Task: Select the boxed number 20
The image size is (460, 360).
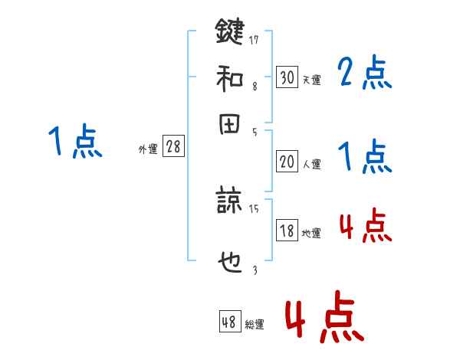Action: pos(287,162)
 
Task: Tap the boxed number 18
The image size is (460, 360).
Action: pos(287,231)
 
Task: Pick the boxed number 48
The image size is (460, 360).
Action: pos(229,322)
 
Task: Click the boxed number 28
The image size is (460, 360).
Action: pos(173,147)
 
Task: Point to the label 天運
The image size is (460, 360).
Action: pos(311,80)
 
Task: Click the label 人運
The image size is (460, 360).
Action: pos(311,164)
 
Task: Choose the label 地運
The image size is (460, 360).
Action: pos(311,233)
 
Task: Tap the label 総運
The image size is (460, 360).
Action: pos(254,325)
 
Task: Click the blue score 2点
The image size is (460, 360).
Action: pos(364,73)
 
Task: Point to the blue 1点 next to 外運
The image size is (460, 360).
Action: pos(75,142)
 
